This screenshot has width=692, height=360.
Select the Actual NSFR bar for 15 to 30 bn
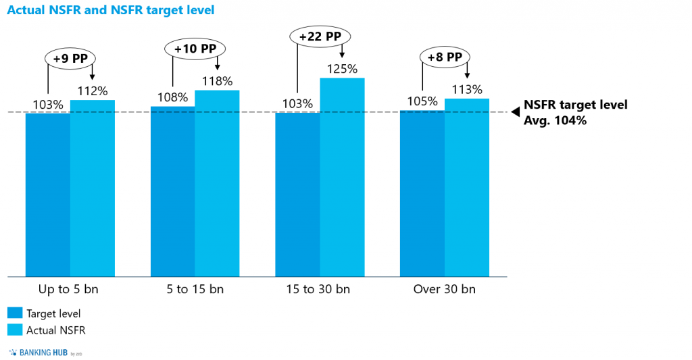[342, 177]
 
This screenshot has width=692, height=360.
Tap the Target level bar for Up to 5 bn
[47, 195]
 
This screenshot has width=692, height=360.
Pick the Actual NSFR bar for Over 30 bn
[467, 187]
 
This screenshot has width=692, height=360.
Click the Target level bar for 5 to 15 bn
[172, 191]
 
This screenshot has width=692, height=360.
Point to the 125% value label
[342, 69]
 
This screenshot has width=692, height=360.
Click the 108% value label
[172, 97]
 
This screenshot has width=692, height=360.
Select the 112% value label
[93, 91]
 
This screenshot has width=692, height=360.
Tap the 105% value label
[422, 101]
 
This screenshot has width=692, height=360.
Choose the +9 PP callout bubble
[70, 58]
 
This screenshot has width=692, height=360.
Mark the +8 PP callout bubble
[445, 57]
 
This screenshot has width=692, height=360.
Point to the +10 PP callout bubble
[195, 48]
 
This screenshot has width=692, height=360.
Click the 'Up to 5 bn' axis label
[70, 290]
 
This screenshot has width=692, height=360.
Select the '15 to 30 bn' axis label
[320, 290]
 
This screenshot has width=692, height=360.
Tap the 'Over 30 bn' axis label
[445, 290]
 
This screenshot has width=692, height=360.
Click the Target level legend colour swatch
[15, 313]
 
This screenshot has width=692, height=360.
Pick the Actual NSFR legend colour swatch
[15, 330]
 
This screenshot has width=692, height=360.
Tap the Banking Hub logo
[45, 352]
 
